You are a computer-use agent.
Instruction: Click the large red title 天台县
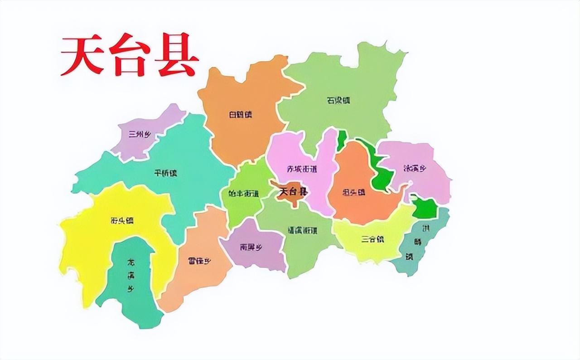130,57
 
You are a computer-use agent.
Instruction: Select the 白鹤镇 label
240,114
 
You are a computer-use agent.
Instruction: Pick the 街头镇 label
122,221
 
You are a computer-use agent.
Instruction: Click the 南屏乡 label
251,248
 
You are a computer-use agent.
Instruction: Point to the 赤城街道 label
302,169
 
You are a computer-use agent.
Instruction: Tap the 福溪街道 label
302,230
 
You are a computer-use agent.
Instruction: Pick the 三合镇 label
372,239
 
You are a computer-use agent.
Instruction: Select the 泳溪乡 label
415,168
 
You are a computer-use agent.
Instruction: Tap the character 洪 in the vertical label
425,227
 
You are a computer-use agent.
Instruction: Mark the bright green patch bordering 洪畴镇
425,208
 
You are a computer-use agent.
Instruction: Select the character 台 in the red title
130,57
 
